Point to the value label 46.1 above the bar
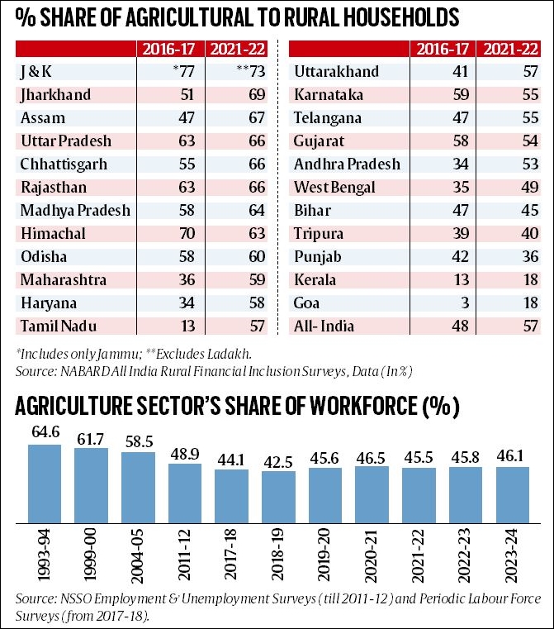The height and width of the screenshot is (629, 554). tap(513, 455)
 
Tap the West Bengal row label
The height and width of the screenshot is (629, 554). tap(334, 187)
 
